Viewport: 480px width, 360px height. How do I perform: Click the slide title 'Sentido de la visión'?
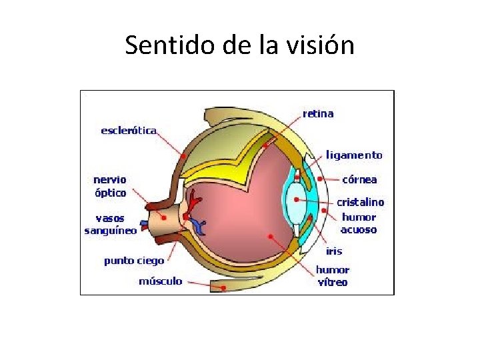click(239, 45)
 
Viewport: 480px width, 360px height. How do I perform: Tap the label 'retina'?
click(318, 113)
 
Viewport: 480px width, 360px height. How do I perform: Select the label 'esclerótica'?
click(129, 131)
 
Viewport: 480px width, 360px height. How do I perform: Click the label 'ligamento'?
click(355, 155)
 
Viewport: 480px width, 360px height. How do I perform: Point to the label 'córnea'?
click(359, 179)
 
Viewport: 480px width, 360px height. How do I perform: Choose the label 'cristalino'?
click(360, 202)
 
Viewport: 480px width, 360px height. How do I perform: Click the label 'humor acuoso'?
click(359, 223)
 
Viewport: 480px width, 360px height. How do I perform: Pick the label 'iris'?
click(334, 251)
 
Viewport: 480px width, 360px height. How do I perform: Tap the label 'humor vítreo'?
click(332, 276)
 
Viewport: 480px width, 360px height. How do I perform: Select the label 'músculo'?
click(160, 281)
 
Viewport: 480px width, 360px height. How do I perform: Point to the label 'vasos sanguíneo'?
click(111, 224)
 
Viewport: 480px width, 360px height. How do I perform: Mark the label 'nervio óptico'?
click(110, 186)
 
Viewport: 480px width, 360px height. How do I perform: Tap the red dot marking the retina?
click(265, 145)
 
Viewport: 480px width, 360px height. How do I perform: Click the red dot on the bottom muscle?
click(223, 287)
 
